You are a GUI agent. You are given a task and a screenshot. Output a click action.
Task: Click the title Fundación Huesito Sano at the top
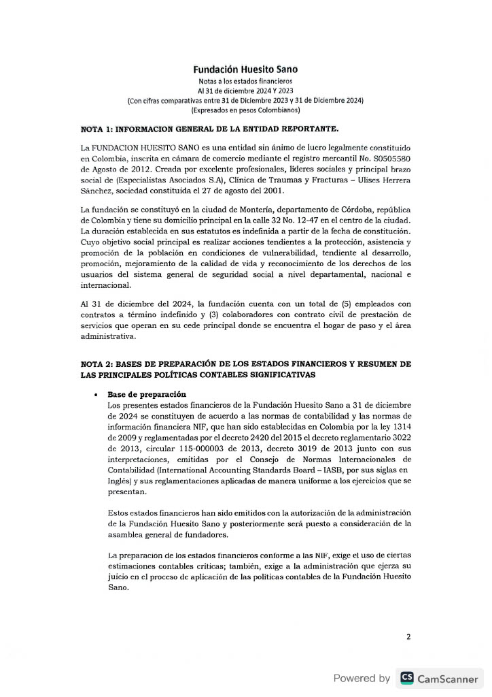(245, 69)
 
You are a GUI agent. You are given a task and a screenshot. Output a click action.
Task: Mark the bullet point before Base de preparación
(99, 395)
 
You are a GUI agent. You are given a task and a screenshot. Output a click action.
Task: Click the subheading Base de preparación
(147, 395)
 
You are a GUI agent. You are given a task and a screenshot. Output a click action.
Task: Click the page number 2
(408, 636)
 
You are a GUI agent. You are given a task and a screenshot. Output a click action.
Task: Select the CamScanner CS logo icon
(407, 677)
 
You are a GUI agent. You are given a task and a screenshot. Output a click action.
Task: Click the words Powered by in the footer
(362, 678)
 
